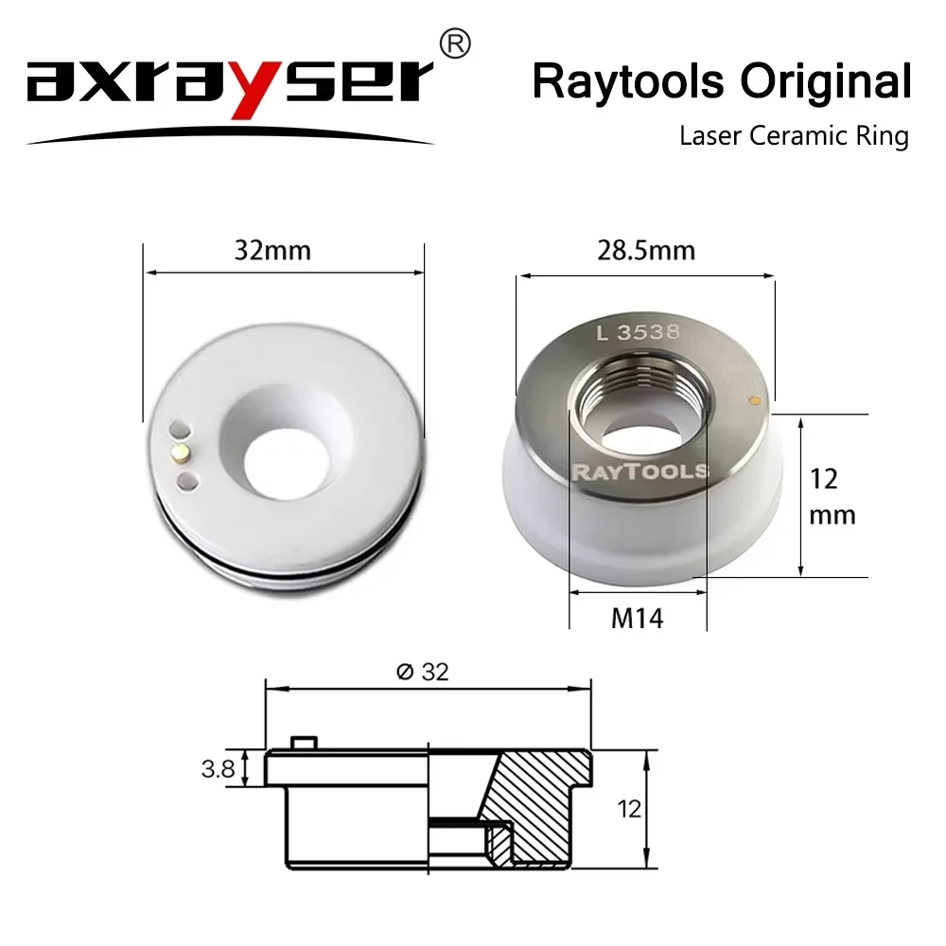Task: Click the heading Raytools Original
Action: (721, 81)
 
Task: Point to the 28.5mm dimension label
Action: (647, 251)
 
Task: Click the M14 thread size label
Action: (638, 619)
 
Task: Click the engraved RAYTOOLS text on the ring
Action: (640, 470)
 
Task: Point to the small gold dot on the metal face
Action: (754, 399)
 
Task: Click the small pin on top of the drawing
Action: (303, 743)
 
